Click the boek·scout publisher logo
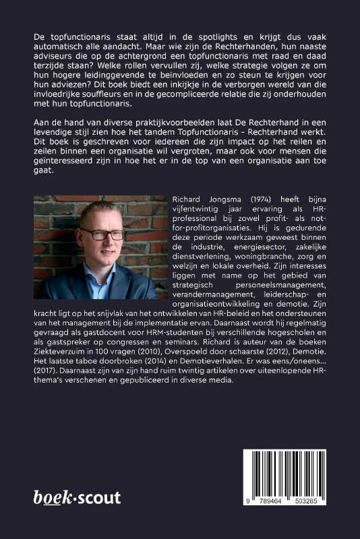(77, 498)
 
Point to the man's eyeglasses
(104, 234)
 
